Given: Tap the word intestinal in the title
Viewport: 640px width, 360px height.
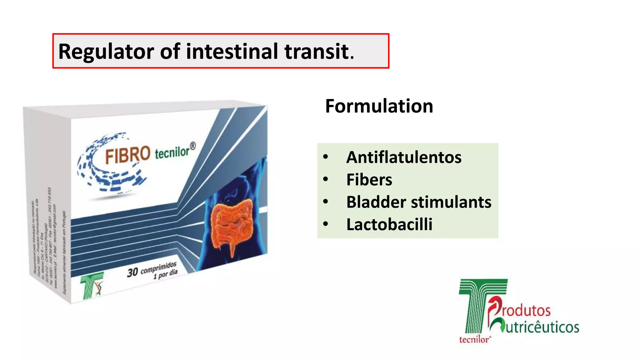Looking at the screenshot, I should (232, 51).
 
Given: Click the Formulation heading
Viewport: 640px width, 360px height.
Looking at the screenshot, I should (379, 106).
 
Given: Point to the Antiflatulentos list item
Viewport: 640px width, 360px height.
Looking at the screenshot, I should (404, 157).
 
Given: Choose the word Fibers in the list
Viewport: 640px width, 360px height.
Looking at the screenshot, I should (369, 180).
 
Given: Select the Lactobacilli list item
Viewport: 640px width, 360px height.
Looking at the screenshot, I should (389, 224).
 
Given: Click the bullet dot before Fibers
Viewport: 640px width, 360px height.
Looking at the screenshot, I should (326, 179).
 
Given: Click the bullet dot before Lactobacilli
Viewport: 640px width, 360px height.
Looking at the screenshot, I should (326, 224).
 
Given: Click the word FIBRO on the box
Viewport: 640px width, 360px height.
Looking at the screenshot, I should (127, 155).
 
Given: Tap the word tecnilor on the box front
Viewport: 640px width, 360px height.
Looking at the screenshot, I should (172, 152).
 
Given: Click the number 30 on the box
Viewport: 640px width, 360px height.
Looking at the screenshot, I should (132, 272).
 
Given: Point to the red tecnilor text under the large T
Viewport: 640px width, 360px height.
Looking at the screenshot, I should (474, 340).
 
